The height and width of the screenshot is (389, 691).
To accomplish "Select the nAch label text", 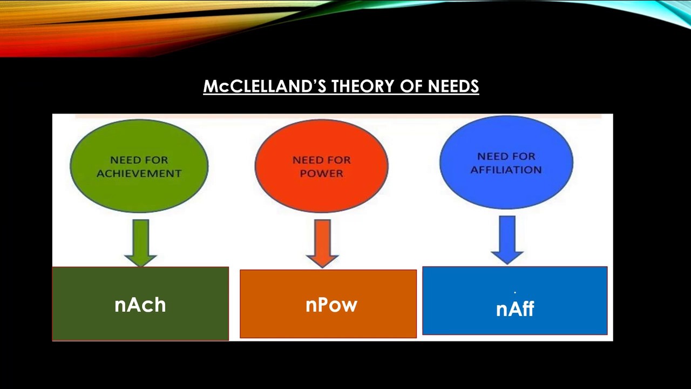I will (x=140, y=305).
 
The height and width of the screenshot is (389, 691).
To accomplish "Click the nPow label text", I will (x=331, y=305).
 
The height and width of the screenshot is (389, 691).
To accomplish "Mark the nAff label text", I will (x=515, y=309).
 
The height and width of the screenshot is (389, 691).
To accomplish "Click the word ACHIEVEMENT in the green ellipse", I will (x=139, y=173).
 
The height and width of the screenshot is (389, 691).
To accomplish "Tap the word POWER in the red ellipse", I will (x=322, y=173).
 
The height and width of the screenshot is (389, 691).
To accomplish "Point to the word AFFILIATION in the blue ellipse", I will (x=506, y=170).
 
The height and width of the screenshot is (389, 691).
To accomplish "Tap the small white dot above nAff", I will (x=514, y=292).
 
